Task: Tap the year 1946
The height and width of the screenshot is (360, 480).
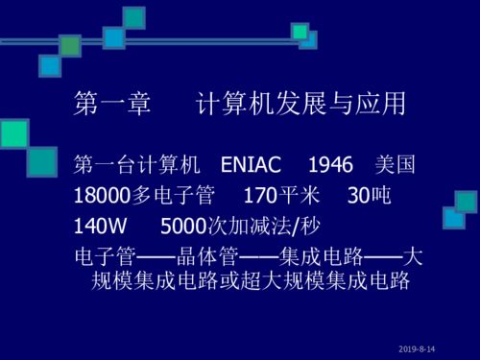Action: pyautogui.click(x=331, y=165)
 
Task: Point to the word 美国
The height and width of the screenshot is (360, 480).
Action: pyautogui.click(x=395, y=165)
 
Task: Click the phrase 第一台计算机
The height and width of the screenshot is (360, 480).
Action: pyautogui.click(x=136, y=165)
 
